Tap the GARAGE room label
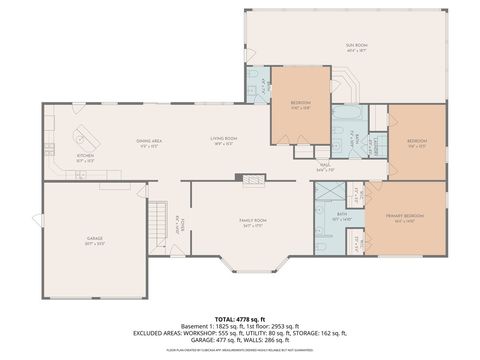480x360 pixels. tap(95, 238)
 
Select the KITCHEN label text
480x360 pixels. tap(86, 156)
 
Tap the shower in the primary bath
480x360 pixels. tap(323, 213)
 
